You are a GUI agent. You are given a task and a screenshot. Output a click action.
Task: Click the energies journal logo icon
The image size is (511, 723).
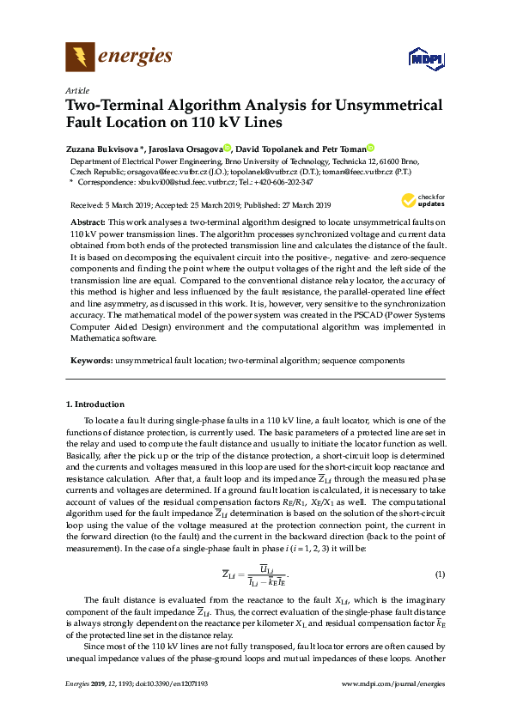tap(81, 58)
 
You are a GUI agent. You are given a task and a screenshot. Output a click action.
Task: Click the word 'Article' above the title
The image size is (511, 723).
tap(77, 90)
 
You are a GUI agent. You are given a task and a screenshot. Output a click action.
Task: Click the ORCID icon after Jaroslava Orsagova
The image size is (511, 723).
tap(227, 148)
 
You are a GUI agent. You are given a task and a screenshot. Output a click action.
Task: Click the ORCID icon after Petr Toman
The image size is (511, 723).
tap(370, 148)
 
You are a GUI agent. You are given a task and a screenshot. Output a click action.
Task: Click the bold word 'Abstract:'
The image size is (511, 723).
tap(88, 222)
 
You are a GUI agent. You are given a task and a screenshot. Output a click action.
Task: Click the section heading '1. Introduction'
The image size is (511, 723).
tap(95, 404)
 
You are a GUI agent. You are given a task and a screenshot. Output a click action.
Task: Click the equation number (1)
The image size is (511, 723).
tap(440, 574)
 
